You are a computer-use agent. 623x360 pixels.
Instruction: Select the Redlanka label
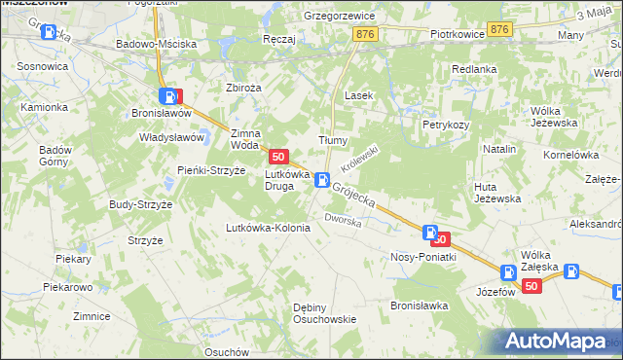(x=474, y=69)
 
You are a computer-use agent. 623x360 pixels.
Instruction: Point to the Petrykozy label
(x=446, y=125)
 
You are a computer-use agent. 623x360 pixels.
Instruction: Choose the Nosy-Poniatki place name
(x=422, y=257)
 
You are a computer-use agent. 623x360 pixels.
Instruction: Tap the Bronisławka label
(x=419, y=305)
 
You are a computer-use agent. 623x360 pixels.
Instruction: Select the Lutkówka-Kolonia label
(x=268, y=228)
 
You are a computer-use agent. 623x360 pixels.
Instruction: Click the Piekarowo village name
(x=67, y=288)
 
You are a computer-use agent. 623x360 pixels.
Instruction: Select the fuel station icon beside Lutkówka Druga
(x=321, y=179)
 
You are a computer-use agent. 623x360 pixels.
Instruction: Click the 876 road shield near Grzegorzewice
(x=366, y=34)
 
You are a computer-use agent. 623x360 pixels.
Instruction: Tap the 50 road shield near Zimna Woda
(x=279, y=156)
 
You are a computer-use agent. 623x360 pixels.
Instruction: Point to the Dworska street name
(x=344, y=221)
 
